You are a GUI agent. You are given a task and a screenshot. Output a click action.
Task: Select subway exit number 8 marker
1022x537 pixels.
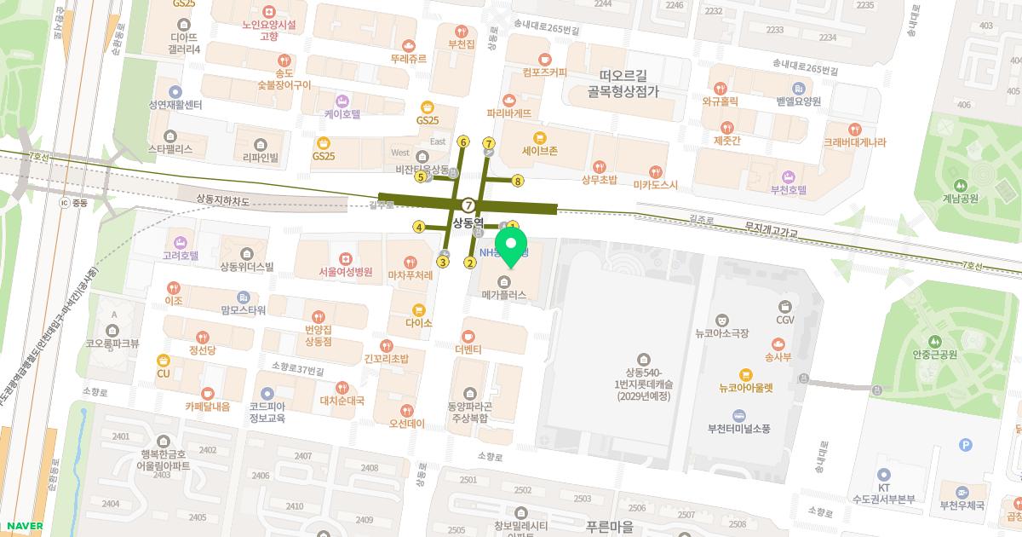(x=518, y=180)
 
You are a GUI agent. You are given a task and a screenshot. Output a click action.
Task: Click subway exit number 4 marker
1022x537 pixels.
(x=418, y=227)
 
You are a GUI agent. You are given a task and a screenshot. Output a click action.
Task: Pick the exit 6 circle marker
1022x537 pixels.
(x=463, y=141)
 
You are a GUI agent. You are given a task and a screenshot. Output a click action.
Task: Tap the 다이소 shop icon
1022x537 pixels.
(x=418, y=310)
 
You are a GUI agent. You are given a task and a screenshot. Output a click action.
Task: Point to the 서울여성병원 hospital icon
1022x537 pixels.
(x=345, y=258)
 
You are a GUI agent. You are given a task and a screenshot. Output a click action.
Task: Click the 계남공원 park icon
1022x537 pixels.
(x=961, y=185)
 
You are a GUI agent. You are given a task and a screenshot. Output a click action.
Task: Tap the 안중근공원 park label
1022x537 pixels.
(x=935, y=355)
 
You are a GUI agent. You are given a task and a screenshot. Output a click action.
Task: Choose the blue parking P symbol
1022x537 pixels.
(x=965, y=444)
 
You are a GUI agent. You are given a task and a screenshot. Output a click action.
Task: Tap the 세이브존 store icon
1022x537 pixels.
(x=539, y=137)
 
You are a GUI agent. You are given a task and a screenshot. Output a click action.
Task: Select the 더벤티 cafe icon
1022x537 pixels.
(x=468, y=336)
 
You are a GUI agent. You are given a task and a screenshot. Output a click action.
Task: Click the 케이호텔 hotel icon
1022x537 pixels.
(x=342, y=100)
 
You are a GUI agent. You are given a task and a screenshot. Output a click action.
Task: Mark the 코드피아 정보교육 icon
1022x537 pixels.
(x=267, y=394)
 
